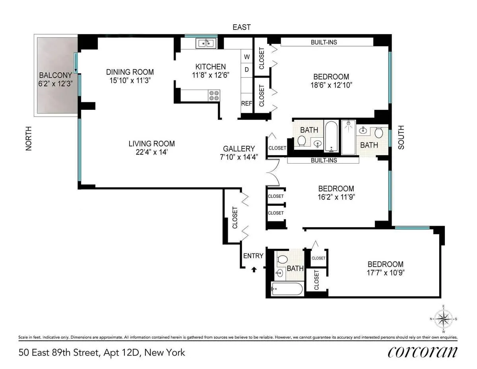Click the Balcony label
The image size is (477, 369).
(55, 75)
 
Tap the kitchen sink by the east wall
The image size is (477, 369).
(205, 43)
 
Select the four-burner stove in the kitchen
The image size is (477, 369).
(214, 96)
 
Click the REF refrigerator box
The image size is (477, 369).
(246, 103)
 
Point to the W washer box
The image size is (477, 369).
(246, 57)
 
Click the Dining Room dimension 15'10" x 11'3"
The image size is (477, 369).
(130, 80)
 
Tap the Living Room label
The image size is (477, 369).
(151, 144)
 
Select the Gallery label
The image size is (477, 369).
(238, 148)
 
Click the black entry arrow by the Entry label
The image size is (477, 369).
(254, 270)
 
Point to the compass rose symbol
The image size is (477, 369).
(443, 319)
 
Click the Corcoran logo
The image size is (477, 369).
(422, 352)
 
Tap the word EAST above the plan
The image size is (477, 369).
(242, 27)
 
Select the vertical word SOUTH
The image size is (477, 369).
(401, 137)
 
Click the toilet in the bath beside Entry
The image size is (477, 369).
(282, 259)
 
